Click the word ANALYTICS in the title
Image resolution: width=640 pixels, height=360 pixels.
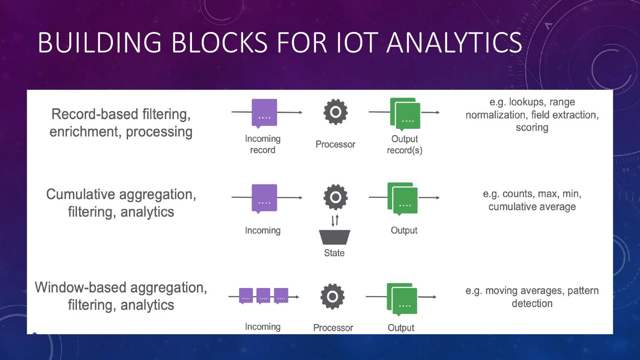coord(454,42)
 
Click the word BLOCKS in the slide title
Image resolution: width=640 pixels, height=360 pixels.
coord(219,42)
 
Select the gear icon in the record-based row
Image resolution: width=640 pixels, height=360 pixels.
coord(336,112)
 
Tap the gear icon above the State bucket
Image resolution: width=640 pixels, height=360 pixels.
coord(336,197)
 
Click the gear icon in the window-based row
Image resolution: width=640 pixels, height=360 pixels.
coord(332,296)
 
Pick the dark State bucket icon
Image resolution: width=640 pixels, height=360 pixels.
coord(334,237)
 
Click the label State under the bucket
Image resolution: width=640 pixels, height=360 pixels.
coord(334,253)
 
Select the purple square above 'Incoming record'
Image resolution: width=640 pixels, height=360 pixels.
coord(264,113)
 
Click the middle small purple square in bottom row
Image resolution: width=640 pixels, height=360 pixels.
coord(263,296)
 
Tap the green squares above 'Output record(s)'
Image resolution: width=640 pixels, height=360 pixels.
coord(405,114)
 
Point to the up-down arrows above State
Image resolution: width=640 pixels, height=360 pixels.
coord(335,220)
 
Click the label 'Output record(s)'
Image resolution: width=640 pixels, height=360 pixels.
coord(404,144)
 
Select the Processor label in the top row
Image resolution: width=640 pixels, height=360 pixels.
coord(336,144)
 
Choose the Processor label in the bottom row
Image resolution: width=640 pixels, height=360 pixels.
coord(333,328)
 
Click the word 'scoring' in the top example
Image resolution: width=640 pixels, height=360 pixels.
coord(532,128)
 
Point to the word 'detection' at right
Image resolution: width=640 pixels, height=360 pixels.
coord(532,304)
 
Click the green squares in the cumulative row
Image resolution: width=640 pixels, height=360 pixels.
coord(403,199)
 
